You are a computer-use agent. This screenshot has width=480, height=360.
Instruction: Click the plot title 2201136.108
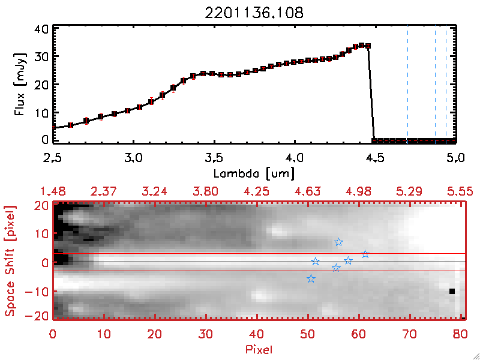pos(254,11)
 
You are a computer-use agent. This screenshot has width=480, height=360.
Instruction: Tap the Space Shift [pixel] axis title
pos(10,261)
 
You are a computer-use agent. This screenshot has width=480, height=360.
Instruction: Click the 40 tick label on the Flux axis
pos(41,29)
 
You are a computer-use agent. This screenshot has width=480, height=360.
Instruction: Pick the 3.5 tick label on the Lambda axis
pos(214,159)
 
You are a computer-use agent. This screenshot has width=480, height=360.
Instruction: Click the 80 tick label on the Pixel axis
pos(460,334)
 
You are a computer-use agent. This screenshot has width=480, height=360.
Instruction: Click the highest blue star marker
pos(338,242)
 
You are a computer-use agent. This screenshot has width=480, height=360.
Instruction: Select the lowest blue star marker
pos(311,278)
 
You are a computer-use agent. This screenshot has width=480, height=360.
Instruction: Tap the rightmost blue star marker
pos(365,254)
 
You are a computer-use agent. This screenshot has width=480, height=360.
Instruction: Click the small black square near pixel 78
pos(452,292)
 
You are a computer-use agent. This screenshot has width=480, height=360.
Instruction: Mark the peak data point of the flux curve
pos(361,45)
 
